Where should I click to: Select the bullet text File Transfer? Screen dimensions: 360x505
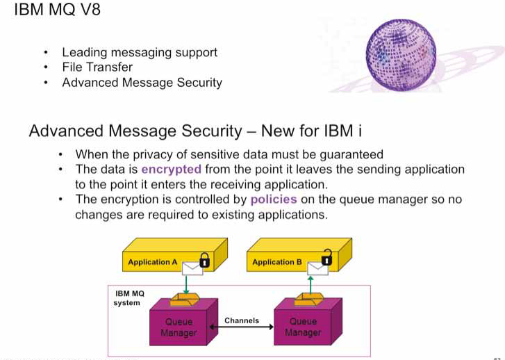(x=97, y=67)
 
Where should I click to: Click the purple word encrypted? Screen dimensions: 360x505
(x=171, y=169)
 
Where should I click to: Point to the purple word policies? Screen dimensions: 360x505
(x=274, y=199)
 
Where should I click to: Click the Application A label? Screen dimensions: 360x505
(x=153, y=262)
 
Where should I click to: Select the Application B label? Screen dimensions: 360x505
(x=276, y=262)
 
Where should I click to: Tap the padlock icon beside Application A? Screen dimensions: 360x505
(x=204, y=261)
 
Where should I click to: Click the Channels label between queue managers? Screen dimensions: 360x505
(x=242, y=321)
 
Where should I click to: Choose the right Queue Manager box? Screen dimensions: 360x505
(x=304, y=327)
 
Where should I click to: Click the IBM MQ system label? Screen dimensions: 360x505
(x=126, y=300)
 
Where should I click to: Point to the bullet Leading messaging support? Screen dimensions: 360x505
(x=139, y=52)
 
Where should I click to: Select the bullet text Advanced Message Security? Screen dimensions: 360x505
(x=142, y=83)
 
